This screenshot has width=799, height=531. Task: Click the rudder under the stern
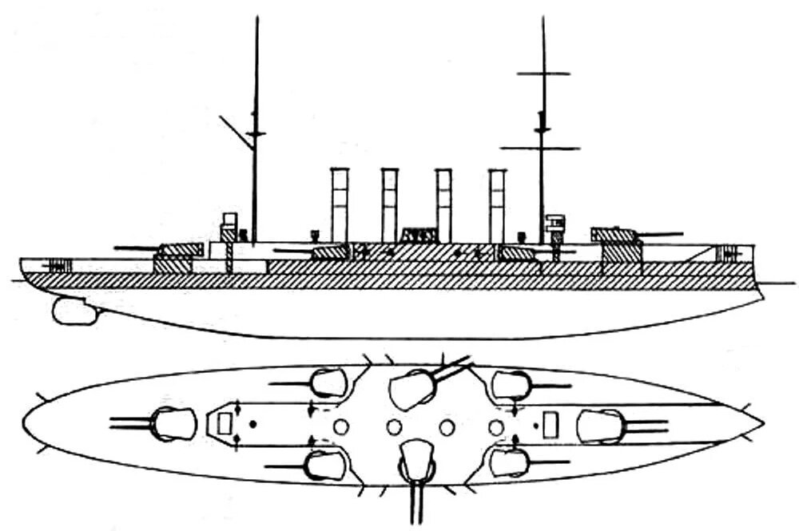pos(74,311)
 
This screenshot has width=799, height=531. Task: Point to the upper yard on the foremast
pos(543,73)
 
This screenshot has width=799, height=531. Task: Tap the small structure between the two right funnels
pos(419,235)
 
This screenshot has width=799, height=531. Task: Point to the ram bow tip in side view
pos(761,294)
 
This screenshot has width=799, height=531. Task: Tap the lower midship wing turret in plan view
pos(415,460)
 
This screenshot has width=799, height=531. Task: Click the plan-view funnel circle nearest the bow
pos(496,428)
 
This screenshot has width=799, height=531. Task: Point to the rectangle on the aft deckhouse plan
pos(225,422)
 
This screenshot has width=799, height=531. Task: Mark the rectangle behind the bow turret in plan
pos(550,425)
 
